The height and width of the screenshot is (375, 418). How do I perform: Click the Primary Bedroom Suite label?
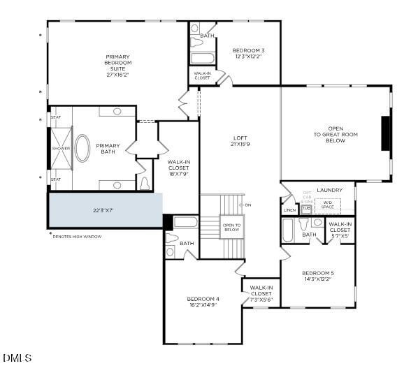tap(117, 65)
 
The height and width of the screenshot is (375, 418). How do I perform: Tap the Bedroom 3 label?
tap(248, 52)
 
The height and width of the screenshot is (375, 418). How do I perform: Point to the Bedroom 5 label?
tap(318, 275)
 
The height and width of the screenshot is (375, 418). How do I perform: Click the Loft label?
tap(240, 140)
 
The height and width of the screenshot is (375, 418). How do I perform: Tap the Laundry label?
tap(329, 190)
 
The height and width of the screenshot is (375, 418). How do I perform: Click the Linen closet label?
tap(289, 209)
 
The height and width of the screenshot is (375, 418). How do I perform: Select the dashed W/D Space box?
tap(327, 205)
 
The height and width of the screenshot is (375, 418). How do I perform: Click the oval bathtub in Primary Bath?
tap(82, 148)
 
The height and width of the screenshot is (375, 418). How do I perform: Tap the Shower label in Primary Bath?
tap(60, 148)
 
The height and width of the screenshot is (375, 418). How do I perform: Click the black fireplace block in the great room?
tap(385, 133)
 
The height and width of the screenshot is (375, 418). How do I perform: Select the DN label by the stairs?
tap(246, 205)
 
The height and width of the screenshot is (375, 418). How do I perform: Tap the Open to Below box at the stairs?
tap(231, 227)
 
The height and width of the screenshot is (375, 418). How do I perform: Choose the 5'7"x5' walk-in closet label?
tap(340, 230)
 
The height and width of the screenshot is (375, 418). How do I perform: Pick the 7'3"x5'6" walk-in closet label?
tap(261, 293)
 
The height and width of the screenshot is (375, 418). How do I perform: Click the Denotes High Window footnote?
tap(77, 237)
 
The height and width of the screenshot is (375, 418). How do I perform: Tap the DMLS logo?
tap(17, 358)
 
